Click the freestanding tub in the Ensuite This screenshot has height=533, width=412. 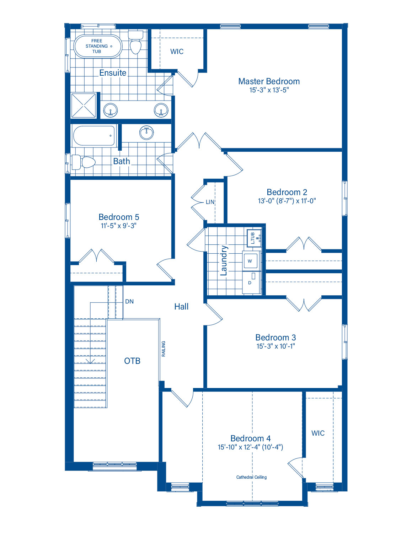click(98, 46)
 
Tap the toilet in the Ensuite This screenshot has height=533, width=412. click(135, 42)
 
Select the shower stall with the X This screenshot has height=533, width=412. click(84, 105)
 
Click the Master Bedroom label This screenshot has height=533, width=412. click(269, 81)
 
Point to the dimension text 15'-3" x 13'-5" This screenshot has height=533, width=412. click(269, 90)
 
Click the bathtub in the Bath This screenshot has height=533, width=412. click(95, 136)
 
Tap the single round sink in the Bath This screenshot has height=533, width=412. click(146, 133)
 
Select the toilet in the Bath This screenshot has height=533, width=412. click(84, 162)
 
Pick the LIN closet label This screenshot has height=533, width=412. click(210, 202)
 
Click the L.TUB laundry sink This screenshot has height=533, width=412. click(254, 238)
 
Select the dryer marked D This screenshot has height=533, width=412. click(251, 282)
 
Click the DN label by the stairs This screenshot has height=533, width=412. click(129, 301)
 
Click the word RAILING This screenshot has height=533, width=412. click(164, 349)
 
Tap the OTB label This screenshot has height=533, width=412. click(132, 361)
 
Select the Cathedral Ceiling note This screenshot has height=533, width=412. click(252, 477)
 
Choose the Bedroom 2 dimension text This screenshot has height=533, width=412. click(287, 201)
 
